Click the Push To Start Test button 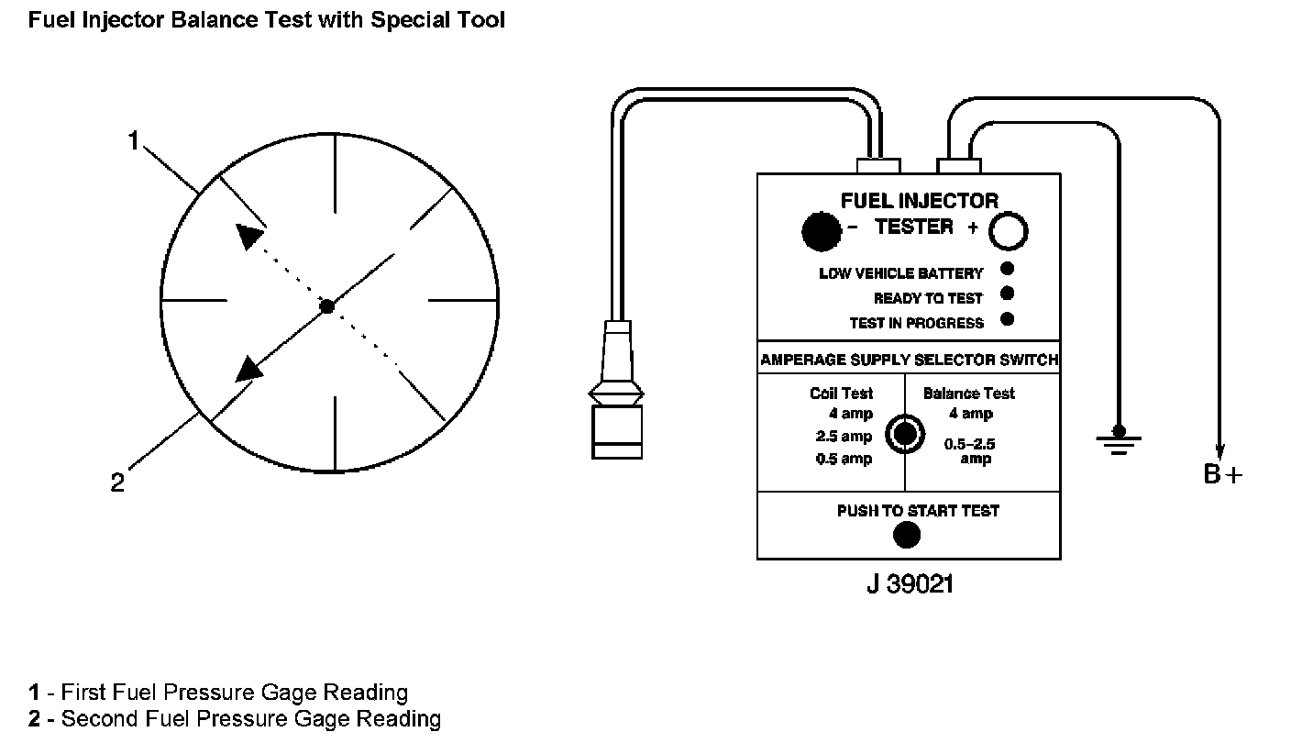coord(906,534)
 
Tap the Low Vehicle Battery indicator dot coord(1007,269)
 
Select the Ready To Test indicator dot coord(1007,294)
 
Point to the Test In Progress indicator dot coord(1007,319)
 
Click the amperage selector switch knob coord(905,434)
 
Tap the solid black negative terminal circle coord(821,231)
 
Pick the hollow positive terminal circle coord(1008,232)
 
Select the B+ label coord(1223,475)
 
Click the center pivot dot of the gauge coord(327,306)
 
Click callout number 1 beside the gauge coord(134,141)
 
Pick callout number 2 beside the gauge coord(117,483)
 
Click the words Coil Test coord(841,394)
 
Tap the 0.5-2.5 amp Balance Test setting coord(970,450)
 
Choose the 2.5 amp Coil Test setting coord(844,437)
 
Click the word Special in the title coord(403,20)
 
